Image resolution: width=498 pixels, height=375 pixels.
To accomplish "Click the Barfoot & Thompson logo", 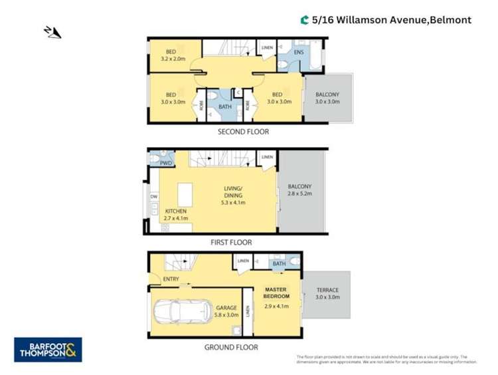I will [48, 349].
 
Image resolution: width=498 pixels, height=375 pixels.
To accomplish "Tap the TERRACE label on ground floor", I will [327, 294].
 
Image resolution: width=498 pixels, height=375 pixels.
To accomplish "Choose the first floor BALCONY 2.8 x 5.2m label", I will [300, 190].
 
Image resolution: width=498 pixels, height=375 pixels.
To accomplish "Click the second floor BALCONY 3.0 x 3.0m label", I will [327, 98].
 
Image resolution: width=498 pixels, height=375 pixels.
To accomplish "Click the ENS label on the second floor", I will [299, 52].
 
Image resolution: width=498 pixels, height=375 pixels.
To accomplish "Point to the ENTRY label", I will [171, 279].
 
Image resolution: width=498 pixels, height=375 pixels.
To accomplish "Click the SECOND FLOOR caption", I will [244, 132].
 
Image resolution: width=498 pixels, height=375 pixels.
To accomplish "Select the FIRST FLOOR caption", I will [232, 243].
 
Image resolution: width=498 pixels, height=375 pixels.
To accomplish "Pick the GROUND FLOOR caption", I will [232, 346].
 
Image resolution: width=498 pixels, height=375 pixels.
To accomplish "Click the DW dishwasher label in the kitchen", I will [153, 197].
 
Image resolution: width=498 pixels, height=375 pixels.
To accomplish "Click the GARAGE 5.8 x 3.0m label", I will [226, 311].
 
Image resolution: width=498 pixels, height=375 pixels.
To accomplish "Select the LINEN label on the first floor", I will [266, 157].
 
